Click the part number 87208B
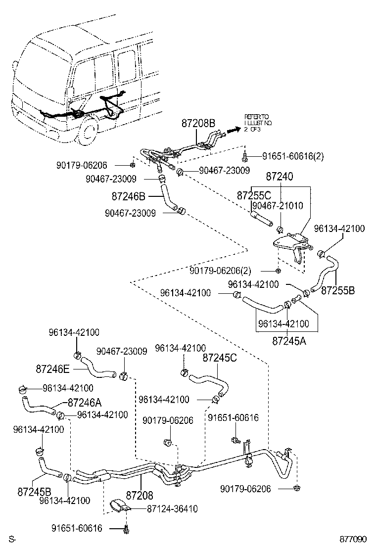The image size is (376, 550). pyautogui.click(x=198, y=123)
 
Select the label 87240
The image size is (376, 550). pyautogui.click(x=280, y=177)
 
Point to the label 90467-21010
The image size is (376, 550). pyautogui.click(x=277, y=205)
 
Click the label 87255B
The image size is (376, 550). pyautogui.click(x=338, y=290)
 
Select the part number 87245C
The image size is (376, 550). pyautogui.click(x=220, y=357)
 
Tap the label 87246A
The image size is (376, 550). pyautogui.click(x=85, y=402)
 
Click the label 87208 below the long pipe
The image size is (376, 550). pyautogui.click(x=140, y=495)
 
